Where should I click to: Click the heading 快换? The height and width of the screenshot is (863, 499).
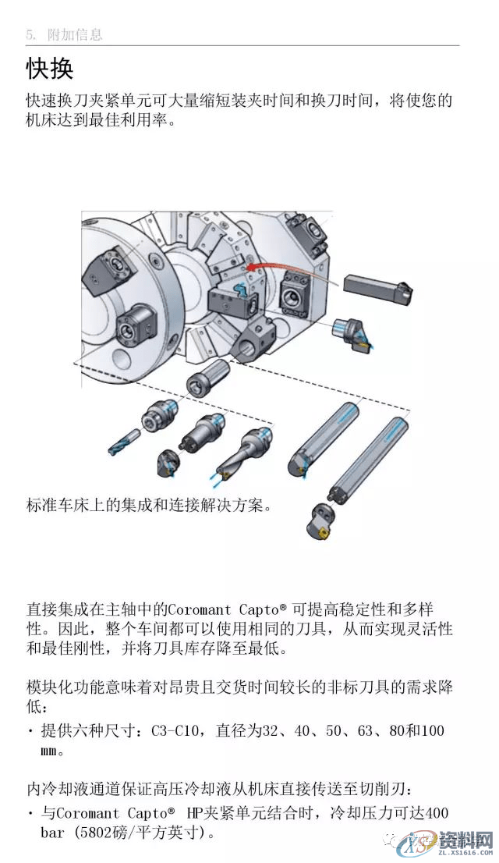pyautogui.click(x=49, y=68)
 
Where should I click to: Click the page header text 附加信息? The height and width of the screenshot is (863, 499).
pyautogui.click(x=75, y=35)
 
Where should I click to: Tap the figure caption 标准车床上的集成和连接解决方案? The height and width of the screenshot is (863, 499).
pyautogui.click(x=148, y=505)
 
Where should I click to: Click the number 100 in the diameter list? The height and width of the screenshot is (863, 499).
pyautogui.click(x=431, y=731)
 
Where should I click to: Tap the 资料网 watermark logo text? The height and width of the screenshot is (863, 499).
pyautogui.click(x=465, y=840)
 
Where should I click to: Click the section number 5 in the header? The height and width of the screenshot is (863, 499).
pyautogui.click(x=30, y=35)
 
